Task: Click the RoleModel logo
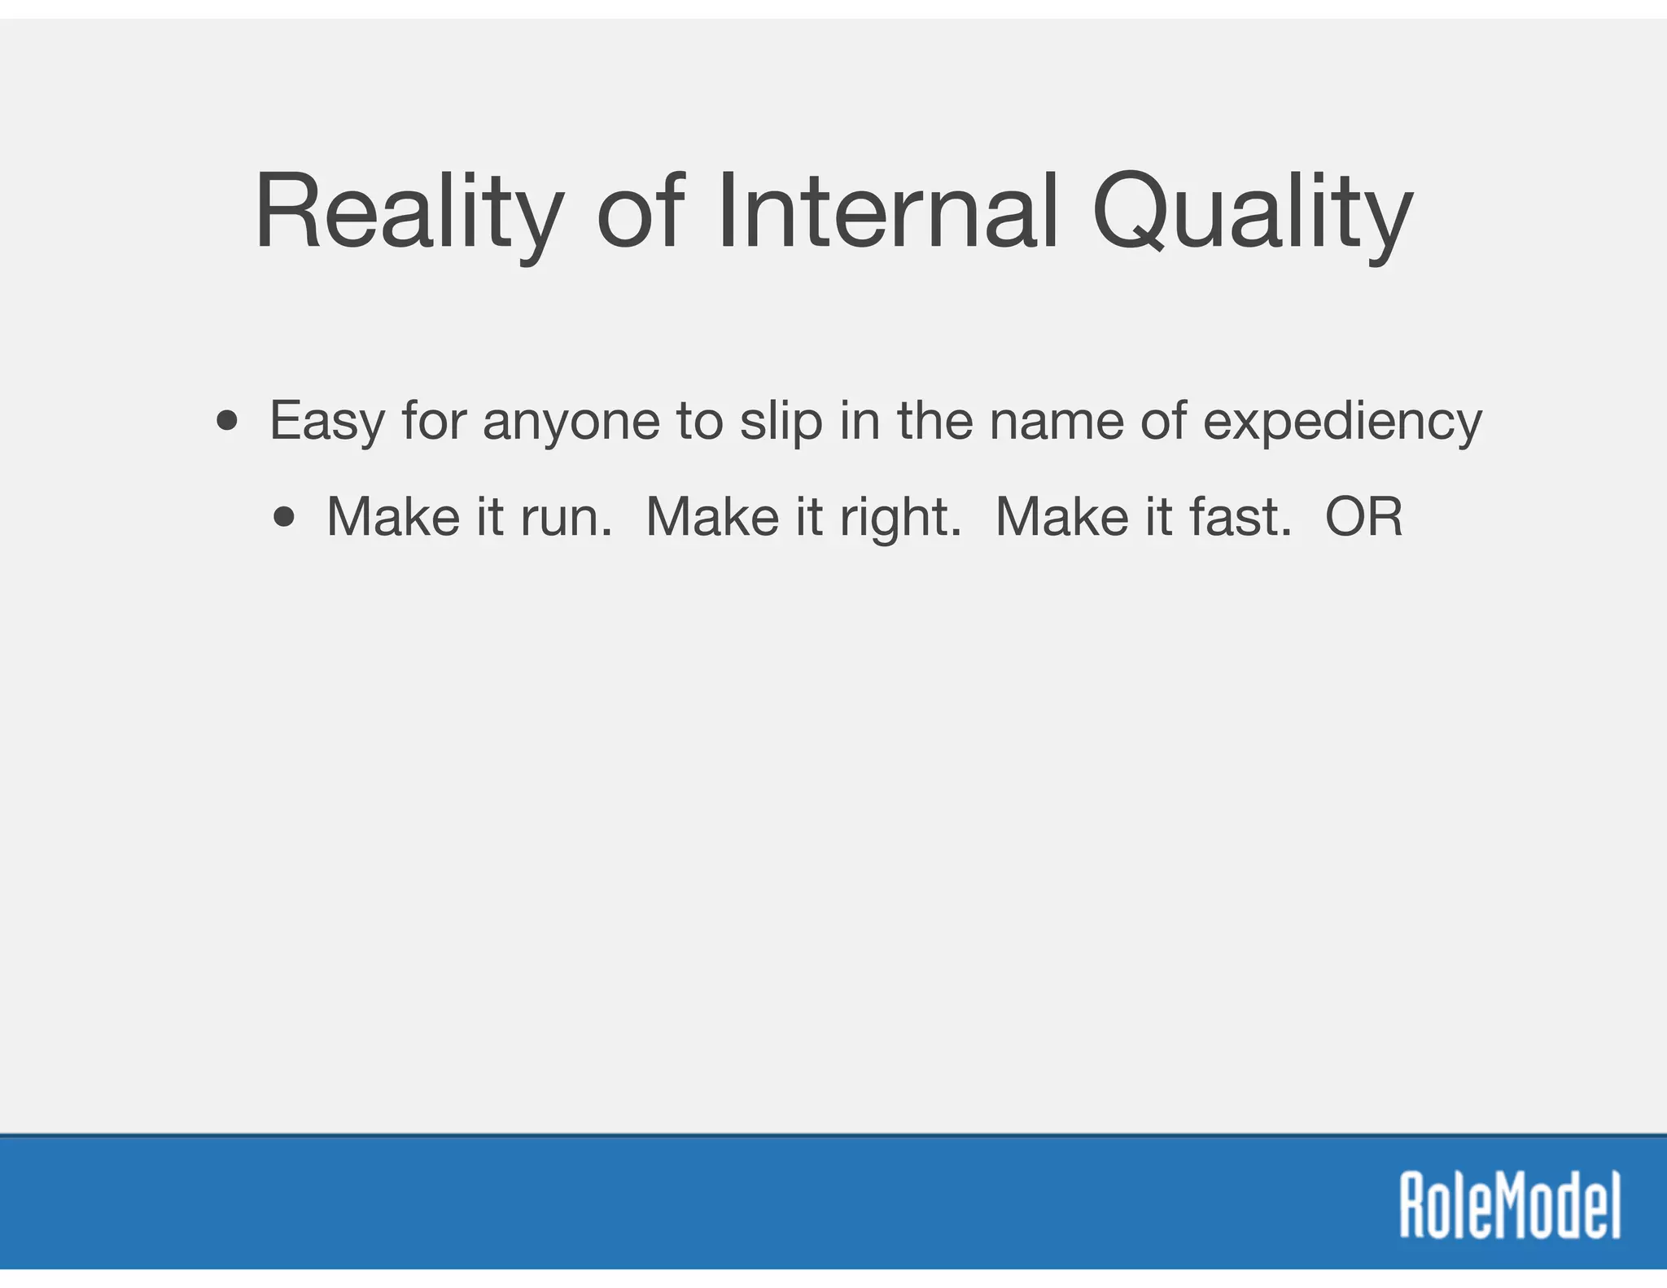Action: tap(1510, 1204)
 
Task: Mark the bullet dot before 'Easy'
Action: tap(227, 422)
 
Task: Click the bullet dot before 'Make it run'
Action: tap(284, 517)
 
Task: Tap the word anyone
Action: tap(571, 423)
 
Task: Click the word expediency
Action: tap(1342, 423)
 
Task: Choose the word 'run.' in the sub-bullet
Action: tap(567, 518)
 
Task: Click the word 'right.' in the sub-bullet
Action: tap(900, 519)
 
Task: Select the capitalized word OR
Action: tap(1364, 517)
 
